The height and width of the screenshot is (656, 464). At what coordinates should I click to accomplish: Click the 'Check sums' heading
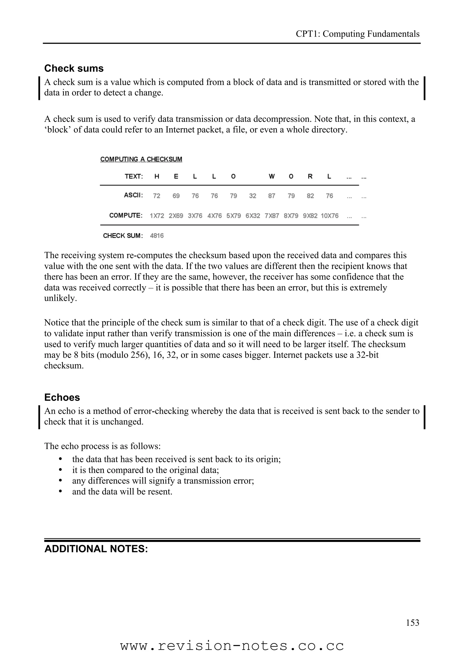click(74, 69)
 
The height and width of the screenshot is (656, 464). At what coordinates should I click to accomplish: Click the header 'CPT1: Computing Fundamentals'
click(357, 34)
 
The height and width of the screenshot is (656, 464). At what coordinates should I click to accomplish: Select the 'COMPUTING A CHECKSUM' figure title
click(141, 159)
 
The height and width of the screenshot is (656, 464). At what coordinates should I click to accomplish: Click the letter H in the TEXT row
click(157, 177)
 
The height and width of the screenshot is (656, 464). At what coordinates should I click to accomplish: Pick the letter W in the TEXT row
click(272, 177)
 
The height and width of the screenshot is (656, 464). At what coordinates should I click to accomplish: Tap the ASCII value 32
click(253, 196)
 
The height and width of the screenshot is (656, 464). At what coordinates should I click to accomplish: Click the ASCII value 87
click(272, 196)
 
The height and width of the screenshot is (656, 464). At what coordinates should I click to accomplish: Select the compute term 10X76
click(329, 216)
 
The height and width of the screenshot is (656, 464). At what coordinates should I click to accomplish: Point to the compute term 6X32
click(253, 216)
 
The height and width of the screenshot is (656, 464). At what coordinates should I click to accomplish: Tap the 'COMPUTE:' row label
click(126, 215)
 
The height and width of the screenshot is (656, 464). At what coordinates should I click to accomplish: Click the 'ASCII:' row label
click(133, 195)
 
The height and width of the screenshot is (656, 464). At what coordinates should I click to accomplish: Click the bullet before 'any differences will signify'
click(60, 481)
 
